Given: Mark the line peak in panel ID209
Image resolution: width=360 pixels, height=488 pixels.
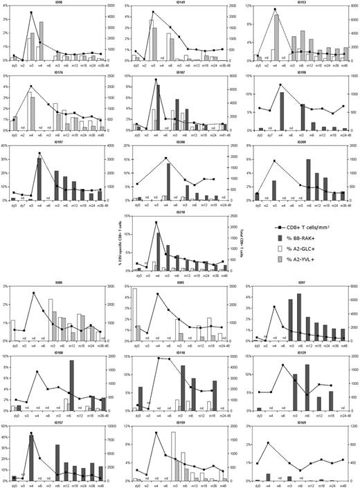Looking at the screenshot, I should pyautogui.click(x=276, y=161).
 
